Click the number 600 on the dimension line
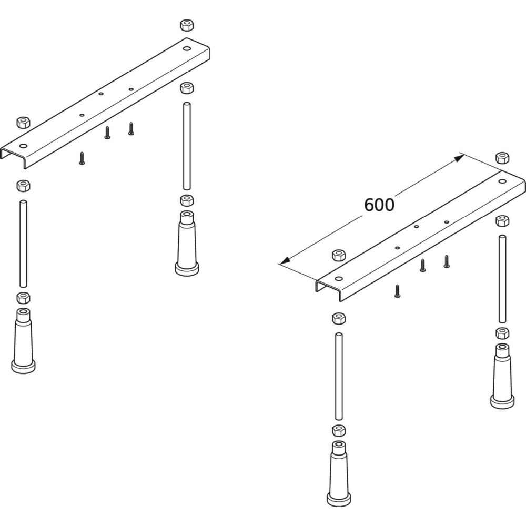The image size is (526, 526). pyautogui.click(x=379, y=205)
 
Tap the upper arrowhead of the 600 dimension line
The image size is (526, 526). pyautogui.click(x=459, y=157)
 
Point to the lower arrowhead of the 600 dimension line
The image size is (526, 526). pyautogui.click(x=284, y=261)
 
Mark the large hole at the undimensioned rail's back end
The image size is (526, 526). pyautogui.click(x=187, y=48)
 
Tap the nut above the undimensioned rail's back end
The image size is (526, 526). pyautogui.click(x=186, y=25)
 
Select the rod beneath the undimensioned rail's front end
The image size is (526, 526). pyautogui.click(x=23, y=242)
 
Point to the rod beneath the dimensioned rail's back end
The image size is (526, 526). pyautogui.click(x=502, y=279)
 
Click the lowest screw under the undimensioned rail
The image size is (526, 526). pyautogui.click(x=82, y=158)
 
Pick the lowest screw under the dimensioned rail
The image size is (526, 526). pyautogui.click(x=397, y=291)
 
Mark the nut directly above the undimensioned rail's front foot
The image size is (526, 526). pyautogui.click(x=23, y=297)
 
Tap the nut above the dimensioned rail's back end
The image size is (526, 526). pyautogui.click(x=501, y=157)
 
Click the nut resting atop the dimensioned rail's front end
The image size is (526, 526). pyautogui.click(x=338, y=256)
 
